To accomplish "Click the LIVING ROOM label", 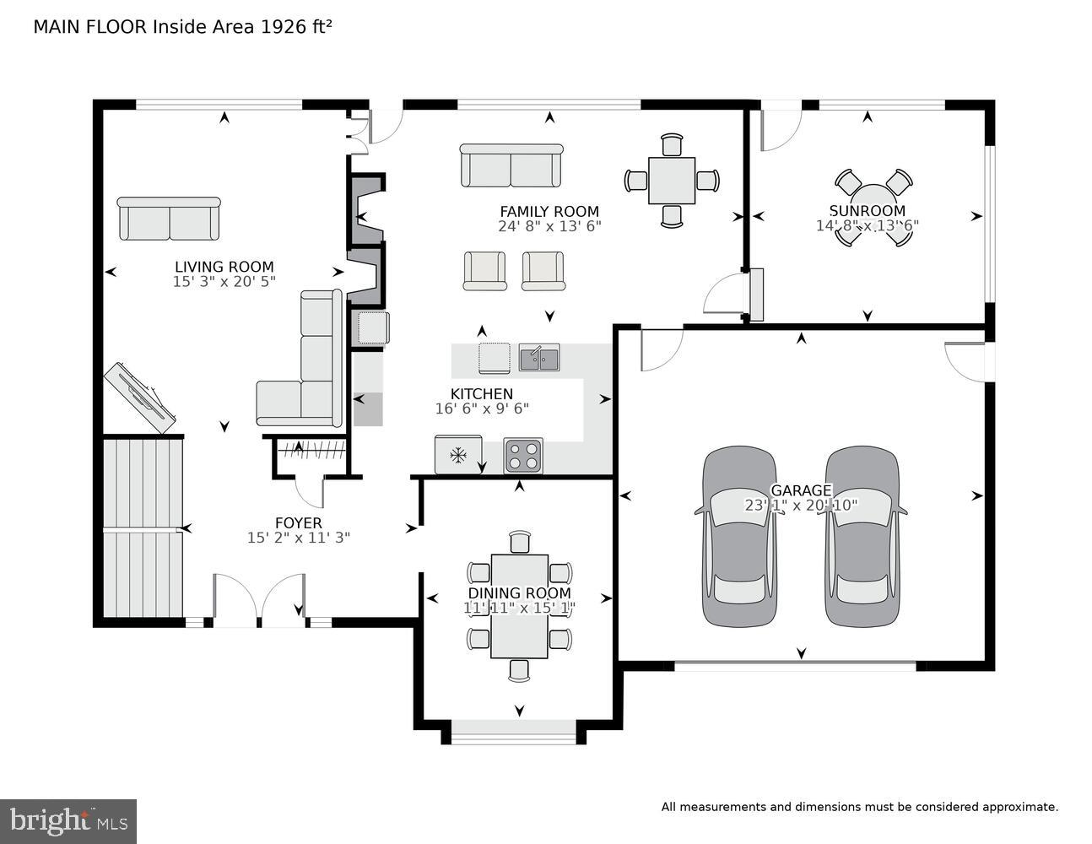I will click(224, 267).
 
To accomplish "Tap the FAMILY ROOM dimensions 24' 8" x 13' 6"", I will click(549, 226).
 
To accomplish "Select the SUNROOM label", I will click(867, 211).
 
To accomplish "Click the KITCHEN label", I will click(481, 393).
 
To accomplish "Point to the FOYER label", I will click(298, 522).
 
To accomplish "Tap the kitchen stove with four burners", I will click(523, 456).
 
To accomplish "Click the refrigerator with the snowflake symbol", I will click(458, 456).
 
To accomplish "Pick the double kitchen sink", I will click(539, 358).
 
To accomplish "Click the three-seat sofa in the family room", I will click(511, 166).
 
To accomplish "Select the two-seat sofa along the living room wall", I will click(169, 219).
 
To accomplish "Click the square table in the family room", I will click(672, 181).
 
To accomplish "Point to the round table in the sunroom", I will click(873, 208).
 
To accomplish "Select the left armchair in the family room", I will click(484, 271).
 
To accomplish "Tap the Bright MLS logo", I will click(68, 820).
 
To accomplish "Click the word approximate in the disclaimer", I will click(1019, 807).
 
